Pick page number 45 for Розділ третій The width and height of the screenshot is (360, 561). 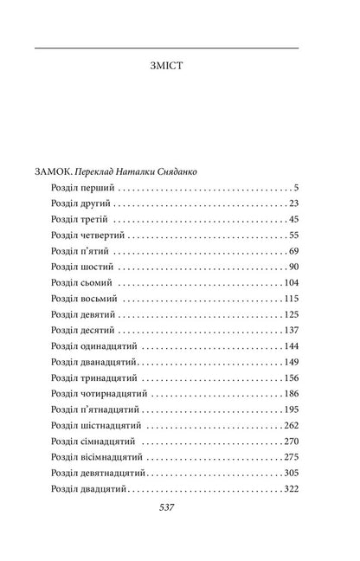point(292,220)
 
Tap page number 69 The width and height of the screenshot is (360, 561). point(292,251)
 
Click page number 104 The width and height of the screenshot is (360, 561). point(290,283)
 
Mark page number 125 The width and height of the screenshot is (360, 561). point(290,314)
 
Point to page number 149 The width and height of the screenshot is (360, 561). point(290,362)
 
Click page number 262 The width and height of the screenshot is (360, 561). point(290,425)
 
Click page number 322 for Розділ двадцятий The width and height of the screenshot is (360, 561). point(290,488)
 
